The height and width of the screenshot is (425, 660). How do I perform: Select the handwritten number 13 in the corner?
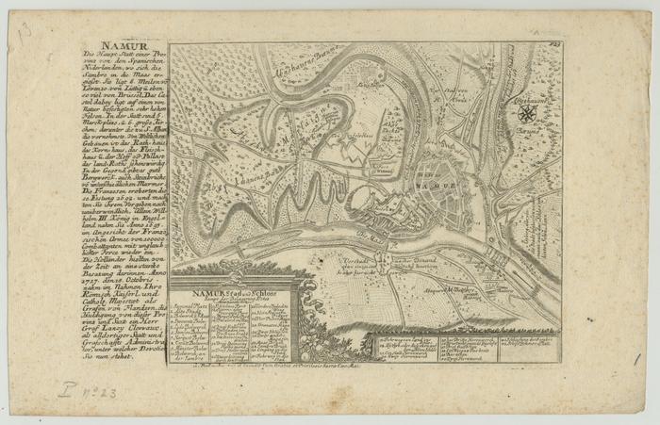pos(23,32)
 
